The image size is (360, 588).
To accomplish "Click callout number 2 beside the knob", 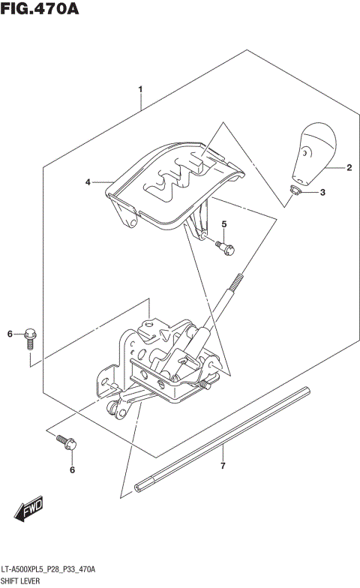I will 349,169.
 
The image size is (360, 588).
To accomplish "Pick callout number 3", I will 322,193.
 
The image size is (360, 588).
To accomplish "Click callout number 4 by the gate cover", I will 88,182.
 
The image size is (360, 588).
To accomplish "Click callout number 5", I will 223,224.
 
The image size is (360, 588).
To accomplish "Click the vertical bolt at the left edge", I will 31,338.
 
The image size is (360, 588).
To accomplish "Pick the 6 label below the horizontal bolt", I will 72,470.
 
